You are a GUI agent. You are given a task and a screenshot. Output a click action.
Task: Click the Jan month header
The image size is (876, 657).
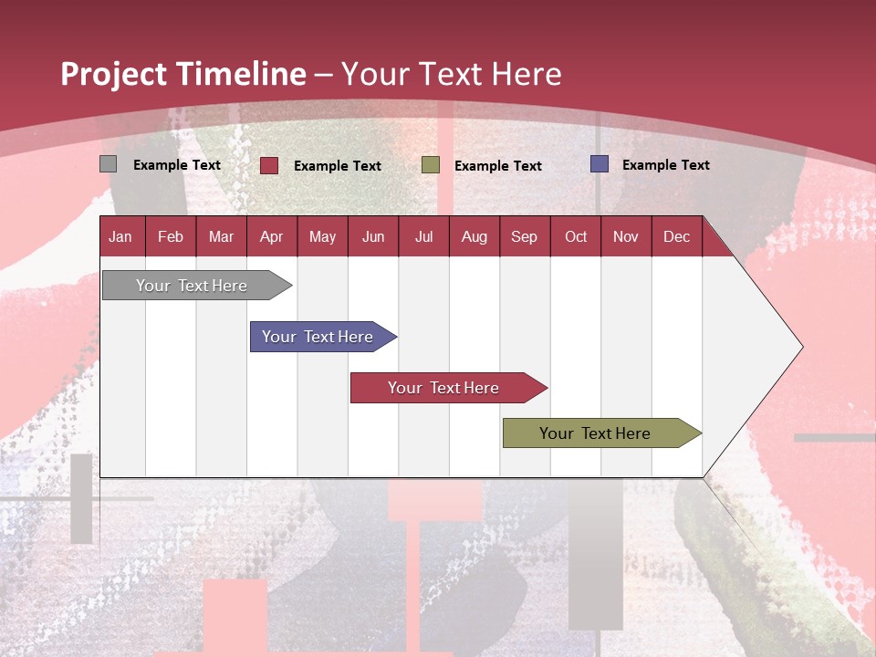(x=120, y=237)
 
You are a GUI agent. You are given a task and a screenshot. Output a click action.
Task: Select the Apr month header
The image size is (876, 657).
(x=271, y=237)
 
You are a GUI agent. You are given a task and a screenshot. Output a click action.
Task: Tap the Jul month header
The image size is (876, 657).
(x=423, y=237)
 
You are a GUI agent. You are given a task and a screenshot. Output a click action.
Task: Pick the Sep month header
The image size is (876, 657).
(x=524, y=237)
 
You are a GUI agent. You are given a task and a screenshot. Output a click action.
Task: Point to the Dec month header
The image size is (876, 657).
(x=676, y=237)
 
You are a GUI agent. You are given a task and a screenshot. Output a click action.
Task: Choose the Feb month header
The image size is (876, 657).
(x=171, y=237)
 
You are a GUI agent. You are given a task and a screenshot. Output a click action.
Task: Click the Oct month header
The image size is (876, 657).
(x=576, y=237)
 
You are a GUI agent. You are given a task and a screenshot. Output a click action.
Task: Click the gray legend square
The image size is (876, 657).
(x=109, y=164)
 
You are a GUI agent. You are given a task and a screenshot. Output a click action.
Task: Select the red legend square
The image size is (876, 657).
(x=269, y=165)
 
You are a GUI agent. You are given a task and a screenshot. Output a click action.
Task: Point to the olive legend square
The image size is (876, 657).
(x=431, y=165)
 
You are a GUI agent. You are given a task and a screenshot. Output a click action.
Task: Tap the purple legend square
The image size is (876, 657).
(x=600, y=164)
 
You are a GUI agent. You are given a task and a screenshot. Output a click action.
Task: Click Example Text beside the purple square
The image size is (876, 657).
(x=665, y=165)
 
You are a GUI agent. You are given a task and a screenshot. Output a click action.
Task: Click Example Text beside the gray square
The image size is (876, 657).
(x=176, y=165)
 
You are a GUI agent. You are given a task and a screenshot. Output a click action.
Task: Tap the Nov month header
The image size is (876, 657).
(x=626, y=237)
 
